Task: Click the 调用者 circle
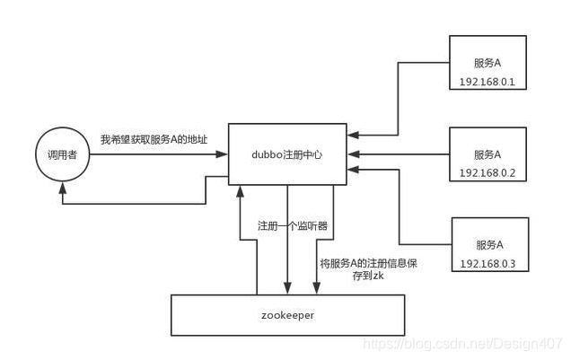pos(61,154)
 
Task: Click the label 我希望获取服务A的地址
pos(154,140)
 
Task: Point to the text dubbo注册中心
pos(287,154)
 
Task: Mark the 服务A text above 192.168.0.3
pos(488,244)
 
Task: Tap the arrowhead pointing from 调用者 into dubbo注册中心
pos(223,154)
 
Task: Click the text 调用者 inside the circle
pos(61,155)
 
